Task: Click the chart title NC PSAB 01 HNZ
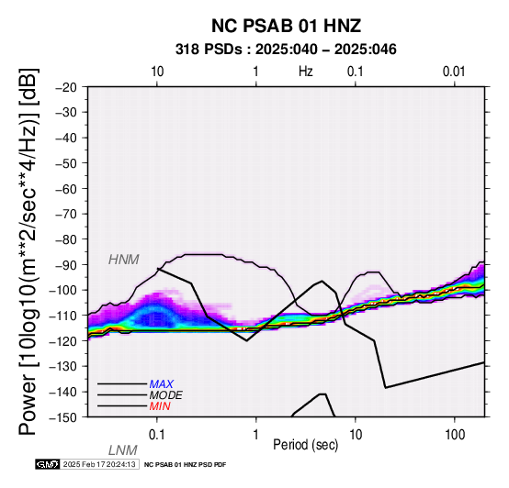point(286,26)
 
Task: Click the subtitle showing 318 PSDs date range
point(286,50)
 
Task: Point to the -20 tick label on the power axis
point(66,87)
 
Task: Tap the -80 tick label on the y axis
point(66,239)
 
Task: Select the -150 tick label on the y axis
point(63,417)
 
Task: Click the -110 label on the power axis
point(63,316)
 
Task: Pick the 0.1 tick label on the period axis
point(157,435)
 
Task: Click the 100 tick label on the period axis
point(455,435)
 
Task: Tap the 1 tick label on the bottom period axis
point(256,435)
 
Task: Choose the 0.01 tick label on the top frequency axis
point(454,72)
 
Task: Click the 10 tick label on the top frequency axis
point(157,72)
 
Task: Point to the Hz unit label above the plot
point(306,72)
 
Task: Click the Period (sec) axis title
point(305,445)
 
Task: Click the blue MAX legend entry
point(162,384)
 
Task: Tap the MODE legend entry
point(166,395)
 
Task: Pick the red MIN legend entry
point(160,406)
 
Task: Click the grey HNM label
point(124,260)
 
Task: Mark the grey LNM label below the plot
point(123,450)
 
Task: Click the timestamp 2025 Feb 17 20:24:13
point(99,465)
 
